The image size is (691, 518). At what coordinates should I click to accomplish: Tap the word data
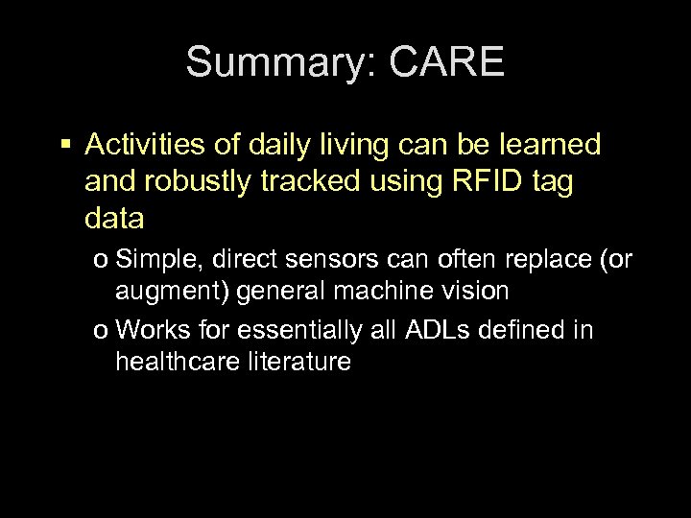[x=115, y=220]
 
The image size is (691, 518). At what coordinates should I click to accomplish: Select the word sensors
[x=317, y=260]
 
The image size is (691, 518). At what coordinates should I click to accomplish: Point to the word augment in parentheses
[x=158, y=290]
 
